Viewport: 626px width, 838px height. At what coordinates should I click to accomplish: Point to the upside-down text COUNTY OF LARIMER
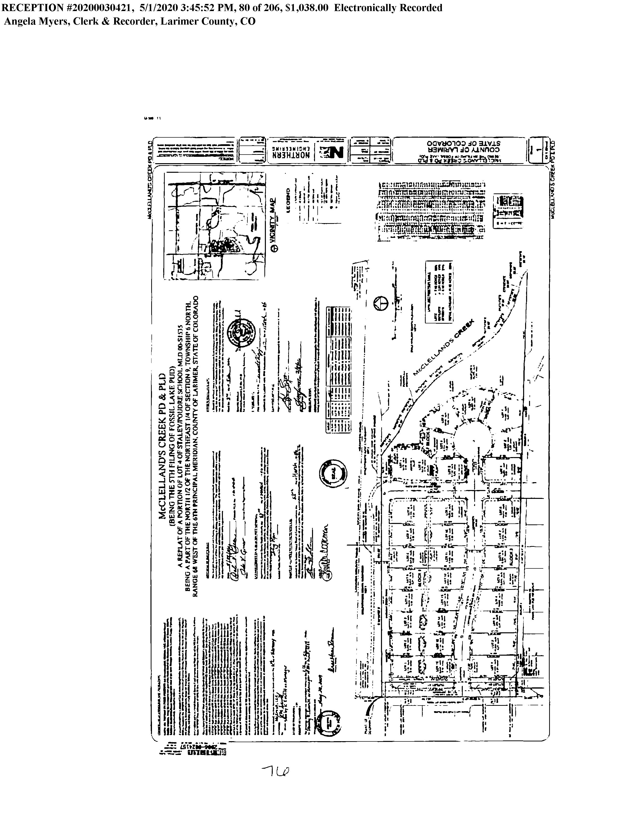[x=464, y=150]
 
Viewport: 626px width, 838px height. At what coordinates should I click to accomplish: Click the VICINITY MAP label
[x=273, y=221]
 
